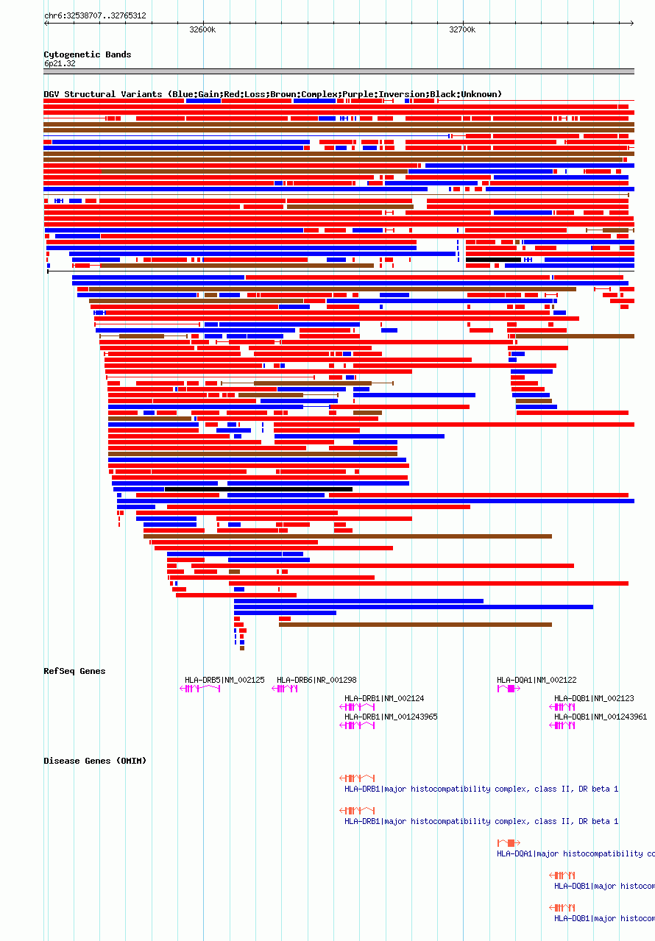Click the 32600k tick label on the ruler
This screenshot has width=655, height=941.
pos(202,30)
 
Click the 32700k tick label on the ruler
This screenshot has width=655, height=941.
pos(462,30)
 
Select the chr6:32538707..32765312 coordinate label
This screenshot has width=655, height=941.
pos(95,15)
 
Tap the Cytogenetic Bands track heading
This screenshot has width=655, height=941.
pos(87,54)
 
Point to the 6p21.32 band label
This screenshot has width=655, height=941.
pos(60,63)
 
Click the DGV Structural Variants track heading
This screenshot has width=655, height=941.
pos(272,94)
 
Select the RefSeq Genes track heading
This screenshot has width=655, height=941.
pos(74,671)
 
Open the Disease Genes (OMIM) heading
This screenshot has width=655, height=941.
pos(95,761)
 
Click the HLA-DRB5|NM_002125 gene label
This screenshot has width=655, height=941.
pos(224,680)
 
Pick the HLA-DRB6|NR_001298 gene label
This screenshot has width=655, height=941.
pos(316,680)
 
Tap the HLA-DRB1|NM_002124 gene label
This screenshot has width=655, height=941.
pos(384,698)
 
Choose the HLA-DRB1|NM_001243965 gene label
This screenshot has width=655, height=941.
pos(391,717)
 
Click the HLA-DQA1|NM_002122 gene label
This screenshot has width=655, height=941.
pos(537,680)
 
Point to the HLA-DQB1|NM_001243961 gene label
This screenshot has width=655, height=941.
pos(601,717)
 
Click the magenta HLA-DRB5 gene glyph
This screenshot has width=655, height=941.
pos(200,689)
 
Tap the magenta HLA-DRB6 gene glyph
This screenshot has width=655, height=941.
pos(285,689)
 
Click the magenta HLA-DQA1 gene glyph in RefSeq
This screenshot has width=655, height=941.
pos(509,689)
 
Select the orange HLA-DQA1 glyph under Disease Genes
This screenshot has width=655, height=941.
pos(509,842)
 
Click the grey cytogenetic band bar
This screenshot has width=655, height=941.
pos(339,71)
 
